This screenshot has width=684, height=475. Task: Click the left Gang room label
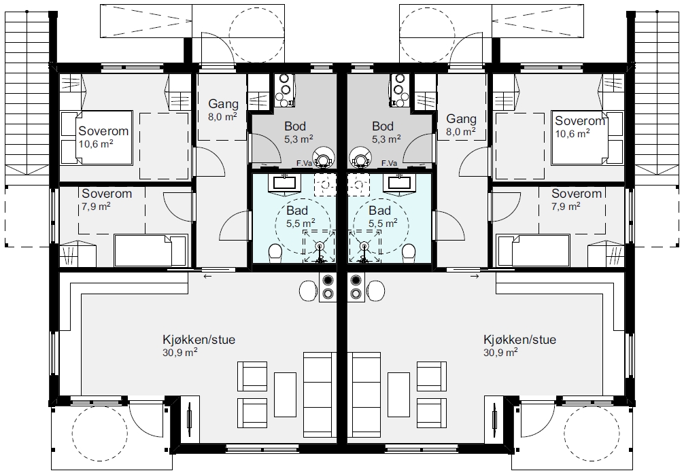pyautogui.click(x=223, y=104)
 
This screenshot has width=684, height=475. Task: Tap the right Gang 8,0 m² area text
pyautogui.click(x=461, y=131)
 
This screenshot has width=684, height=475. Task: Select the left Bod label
pyautogui.click(x=295, y=126)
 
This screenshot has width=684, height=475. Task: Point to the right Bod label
pyautogui.click(x=383, y=126)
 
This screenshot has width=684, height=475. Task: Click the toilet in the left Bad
pyautogui.click(x=275, y=253)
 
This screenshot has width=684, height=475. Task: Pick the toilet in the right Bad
pyautogui.click(x=409, y=253)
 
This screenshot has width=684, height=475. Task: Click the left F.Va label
pyautogui.click(x=303, y=163)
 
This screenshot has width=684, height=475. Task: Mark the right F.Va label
pyautogui.click(x=389, y=163)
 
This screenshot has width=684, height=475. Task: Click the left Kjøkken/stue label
pyautogui.click(x=199, y=339)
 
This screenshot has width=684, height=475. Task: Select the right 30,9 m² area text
pyautogui.click(x=500, y=353)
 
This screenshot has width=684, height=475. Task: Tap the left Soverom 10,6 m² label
pyautogui.click(x=103, y=137)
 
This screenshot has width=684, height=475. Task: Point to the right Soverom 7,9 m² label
pyautogui.click(x=577, y=199)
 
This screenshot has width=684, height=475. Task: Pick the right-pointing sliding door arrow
pyautogui.click(x=475, y=276)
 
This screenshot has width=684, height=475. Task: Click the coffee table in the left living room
pyautogui.click(x=286, y=394)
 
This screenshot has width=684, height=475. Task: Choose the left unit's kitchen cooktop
pyautogui.click(x=328, y=287)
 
